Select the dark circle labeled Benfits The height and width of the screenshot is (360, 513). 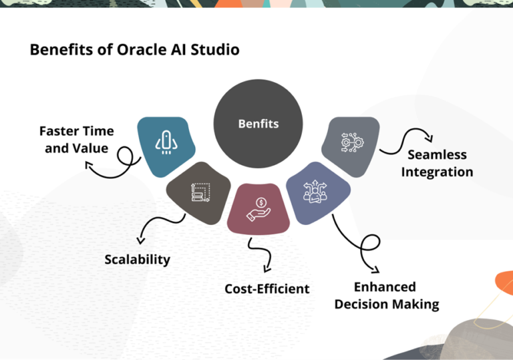(x=258, y=124)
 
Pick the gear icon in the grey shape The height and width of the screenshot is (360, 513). (x=351, y=143)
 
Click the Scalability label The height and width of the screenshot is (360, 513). (x=137, y=259)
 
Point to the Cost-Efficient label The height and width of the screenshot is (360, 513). (x=267, y=289)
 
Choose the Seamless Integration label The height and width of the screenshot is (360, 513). (x=437, y=164)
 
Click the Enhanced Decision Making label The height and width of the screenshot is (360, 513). (x=386, y=296)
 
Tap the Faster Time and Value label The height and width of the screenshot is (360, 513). (x=76, y=139)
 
